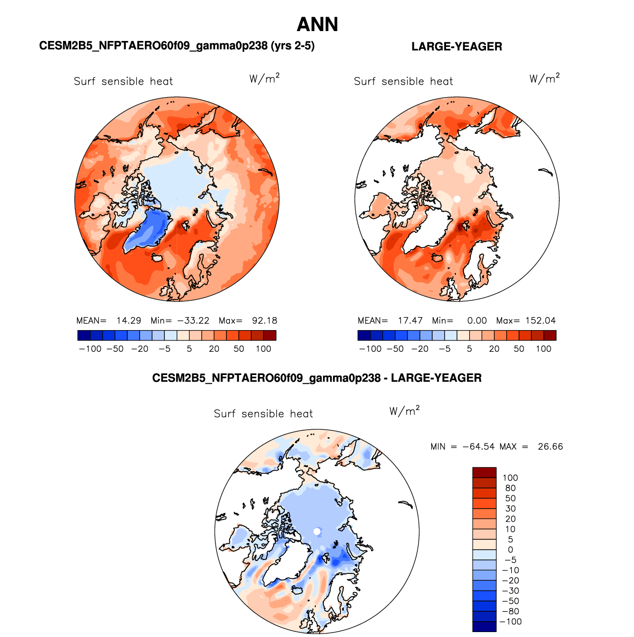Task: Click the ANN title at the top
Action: point(317,25)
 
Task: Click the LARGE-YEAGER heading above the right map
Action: point(456,46)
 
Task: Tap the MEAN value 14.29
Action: point(129,320)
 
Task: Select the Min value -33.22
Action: point(193,320)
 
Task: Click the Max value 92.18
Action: point(264,320)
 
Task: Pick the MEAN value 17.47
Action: point(410,320)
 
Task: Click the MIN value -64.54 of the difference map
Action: point(478,446)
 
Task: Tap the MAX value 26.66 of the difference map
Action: point(550,446)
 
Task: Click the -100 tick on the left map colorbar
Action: point(90,349)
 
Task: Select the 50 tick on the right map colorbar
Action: point(519,349)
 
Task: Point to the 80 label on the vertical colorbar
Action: point(510,488)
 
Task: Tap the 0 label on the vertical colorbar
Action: point(510,549)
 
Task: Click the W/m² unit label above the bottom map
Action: point(404,411)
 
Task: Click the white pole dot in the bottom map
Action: point(317,531)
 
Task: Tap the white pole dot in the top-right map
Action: point(457,199)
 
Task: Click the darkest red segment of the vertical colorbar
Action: point(485,472)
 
